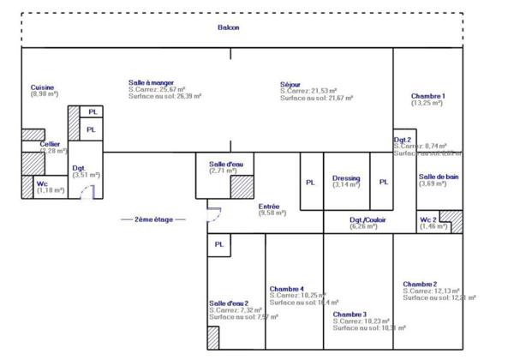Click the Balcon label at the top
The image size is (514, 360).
[x=229, y=27]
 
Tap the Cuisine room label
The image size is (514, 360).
[x=42, y=87]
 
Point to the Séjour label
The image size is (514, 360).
[x=290, y=84]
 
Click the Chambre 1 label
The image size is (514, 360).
[x=427, y=96]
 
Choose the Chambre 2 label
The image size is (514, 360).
[x=420, y=284]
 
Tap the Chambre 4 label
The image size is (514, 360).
[x=286, y=288]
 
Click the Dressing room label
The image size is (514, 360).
[x=346, y=178]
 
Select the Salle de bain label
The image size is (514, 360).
[x=438, y=177]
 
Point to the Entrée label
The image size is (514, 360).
[x=269, y=206]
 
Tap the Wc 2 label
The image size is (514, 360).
[x=428, y=219]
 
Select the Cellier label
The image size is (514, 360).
[x=39, y=144]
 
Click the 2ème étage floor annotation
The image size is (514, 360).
[x=153, y=219]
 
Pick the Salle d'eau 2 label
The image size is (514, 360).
[x=228, y=303]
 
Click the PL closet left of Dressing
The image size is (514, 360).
[x=310, y=182]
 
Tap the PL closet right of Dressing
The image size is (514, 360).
[x=383, y=182]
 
